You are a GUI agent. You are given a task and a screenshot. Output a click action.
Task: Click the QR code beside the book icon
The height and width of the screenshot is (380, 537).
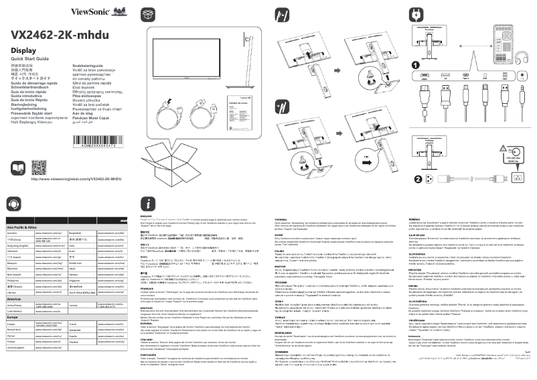(40, 168)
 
